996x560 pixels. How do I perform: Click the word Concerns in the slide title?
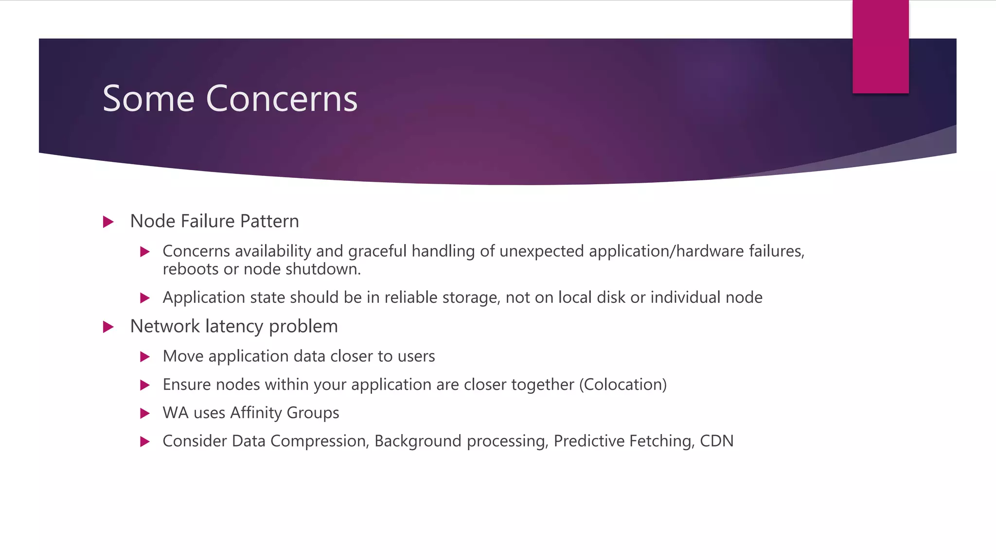coord(282,99)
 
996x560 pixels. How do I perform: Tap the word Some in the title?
coord(148,99)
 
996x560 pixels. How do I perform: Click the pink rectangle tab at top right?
coord(880,47)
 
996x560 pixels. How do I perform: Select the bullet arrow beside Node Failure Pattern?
coord(108,222)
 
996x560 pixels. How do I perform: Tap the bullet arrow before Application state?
coord(144,298)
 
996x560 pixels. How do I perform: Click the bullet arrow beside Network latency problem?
coord(108,327)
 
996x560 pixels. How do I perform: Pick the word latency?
coord(234,327)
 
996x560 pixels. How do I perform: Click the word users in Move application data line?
coord(416,356)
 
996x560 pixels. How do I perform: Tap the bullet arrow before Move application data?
coord(144,357)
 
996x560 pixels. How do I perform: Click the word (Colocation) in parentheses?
coord(622,385)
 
